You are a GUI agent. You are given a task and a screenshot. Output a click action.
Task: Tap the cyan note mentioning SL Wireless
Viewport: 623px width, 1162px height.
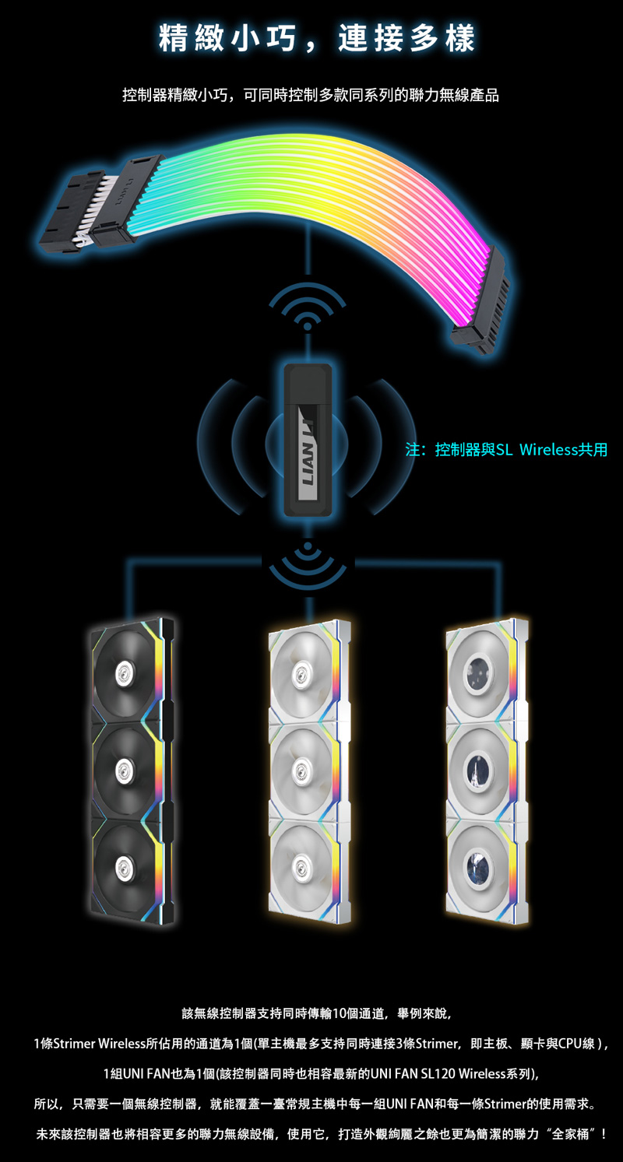506,449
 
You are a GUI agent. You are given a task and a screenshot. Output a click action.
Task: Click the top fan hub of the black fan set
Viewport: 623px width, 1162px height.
123,671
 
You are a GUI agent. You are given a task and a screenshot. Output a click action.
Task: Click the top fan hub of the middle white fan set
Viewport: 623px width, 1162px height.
301,672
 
